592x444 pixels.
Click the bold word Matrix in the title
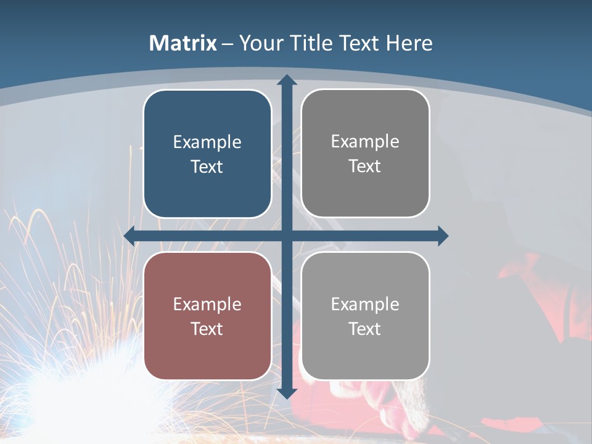[x=183, y=43]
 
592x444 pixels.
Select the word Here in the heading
[x=409, y=43]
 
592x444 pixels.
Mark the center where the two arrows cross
[x=287, y=236]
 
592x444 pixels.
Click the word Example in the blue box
[x=207, y=142]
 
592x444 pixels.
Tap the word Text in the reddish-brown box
[x=207, y=329]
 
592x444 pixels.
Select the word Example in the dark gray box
[x=365, y=141]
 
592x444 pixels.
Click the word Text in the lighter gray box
[x=365, y=329]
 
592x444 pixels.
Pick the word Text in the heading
[x=360, y=43]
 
